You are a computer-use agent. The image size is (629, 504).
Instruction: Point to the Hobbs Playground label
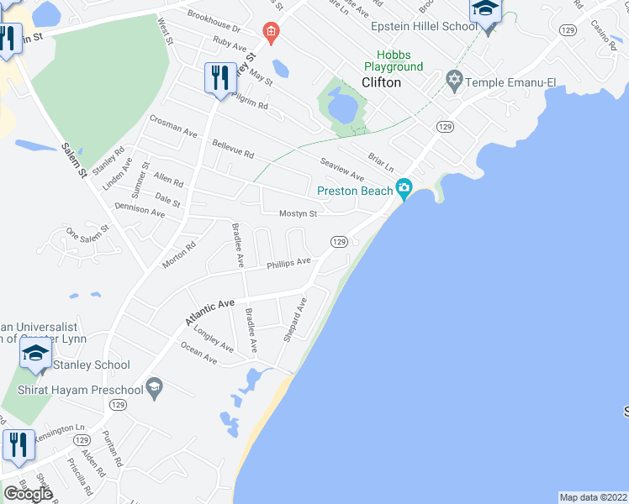pos(394,60)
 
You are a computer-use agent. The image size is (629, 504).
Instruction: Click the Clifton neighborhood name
pos(381,82)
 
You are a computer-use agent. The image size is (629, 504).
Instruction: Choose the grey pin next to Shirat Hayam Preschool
pos(153,387)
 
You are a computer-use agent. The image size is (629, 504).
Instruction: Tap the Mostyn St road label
pos(298,213)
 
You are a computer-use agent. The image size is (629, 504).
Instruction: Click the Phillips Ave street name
pos(288,263)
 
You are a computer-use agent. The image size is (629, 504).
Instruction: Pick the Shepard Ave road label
pos(295,318)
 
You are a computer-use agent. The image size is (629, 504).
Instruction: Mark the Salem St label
pos(74,160)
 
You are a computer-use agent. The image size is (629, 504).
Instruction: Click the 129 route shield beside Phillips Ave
pos(339,242)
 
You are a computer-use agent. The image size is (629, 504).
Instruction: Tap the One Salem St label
pos(87,231)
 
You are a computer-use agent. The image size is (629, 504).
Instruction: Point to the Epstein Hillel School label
pos(425,26)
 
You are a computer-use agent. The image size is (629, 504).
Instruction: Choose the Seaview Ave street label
pos(341,169)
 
